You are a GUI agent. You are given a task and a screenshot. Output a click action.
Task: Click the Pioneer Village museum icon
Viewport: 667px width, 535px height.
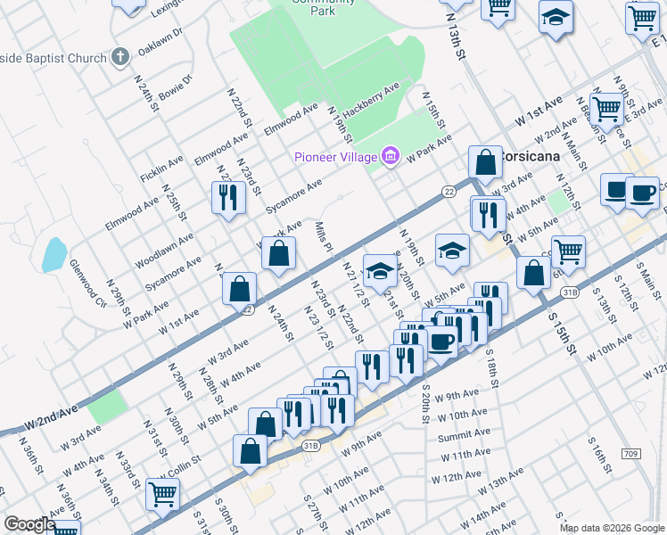coord(390,157)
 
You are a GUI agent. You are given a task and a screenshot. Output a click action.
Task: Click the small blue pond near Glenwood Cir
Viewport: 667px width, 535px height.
coord(53,253)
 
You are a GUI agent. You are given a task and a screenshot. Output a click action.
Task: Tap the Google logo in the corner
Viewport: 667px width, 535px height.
coord(29,524)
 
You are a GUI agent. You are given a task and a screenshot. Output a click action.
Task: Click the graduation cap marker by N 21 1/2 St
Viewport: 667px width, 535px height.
coord(380,270)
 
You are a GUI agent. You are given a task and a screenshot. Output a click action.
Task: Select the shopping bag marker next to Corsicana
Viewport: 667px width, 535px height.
coord(485,162)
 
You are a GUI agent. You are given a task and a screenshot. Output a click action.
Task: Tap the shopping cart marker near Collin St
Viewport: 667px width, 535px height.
coord(162,493)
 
